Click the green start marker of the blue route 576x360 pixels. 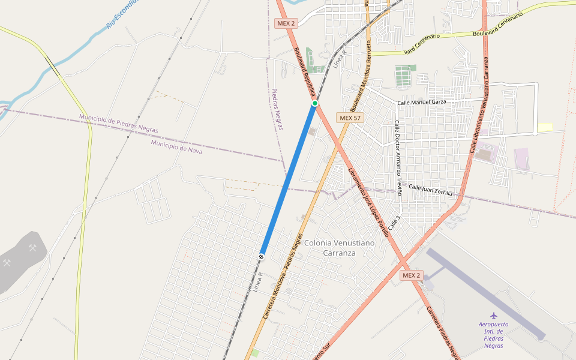point(314,104)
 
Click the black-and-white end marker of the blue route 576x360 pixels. point(262,257)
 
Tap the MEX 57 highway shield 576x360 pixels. point(350,118)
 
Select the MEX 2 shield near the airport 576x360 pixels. point(412,275)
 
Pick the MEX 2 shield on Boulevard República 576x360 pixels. point(286,23)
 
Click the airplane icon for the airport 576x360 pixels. point(494,315)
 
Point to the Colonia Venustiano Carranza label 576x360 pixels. point(339,248)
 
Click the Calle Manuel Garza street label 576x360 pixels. point(422,102)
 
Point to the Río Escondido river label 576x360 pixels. point(122,14)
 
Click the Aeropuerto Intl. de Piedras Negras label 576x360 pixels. point(494,335)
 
